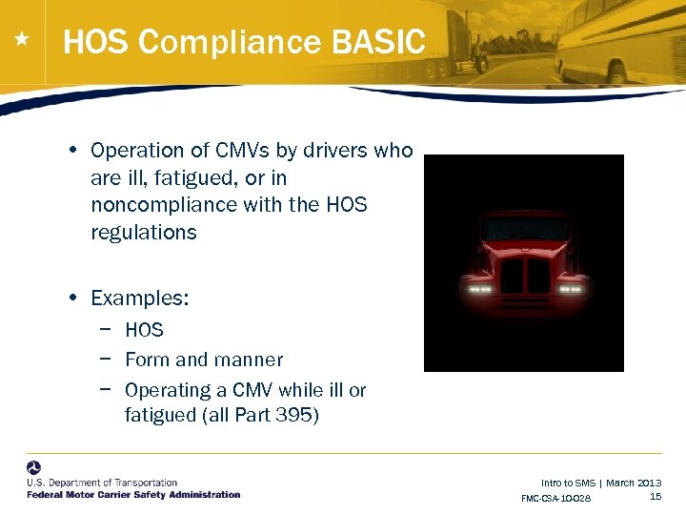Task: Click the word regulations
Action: (x=143, y=233)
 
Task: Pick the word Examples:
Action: (x=140, y=299)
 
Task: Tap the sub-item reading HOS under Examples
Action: (x=144, y=330)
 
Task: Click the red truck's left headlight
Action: (x=479, y=287)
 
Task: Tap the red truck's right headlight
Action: (x=571, y=287)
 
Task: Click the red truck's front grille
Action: (x=525, y=277)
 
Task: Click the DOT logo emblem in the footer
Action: (x=34, y=469)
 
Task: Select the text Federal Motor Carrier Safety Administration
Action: (x=133, y=495)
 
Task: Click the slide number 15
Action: (x=656, y=496)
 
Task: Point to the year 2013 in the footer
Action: (x=648, y=484)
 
